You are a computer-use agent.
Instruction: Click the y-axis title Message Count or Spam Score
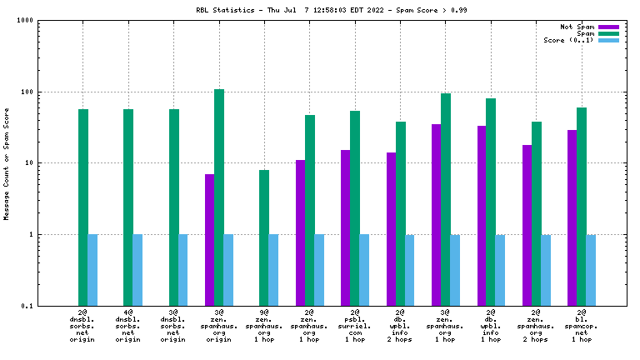tap(7, 163)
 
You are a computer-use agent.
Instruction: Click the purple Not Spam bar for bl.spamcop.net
tap(572, 217)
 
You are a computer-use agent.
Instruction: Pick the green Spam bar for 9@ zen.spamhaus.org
tap(264, 237)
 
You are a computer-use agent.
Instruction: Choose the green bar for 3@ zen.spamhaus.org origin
tap(219, 197)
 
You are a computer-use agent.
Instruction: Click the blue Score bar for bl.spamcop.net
tap(592, 270)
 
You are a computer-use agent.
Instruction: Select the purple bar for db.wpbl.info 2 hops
tap(391, 228)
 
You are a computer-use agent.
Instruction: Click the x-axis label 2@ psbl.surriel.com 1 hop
tap(355, 325)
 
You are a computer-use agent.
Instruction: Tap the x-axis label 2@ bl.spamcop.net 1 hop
tap(582, 325)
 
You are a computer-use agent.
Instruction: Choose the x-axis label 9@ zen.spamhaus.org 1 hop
tap(264, 325)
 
